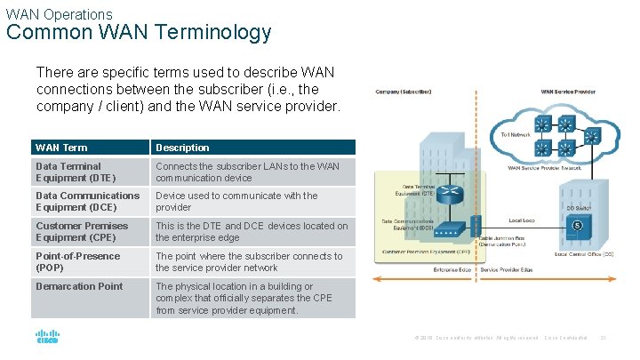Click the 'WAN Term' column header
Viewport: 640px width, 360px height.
pyautogui.click(x=61, y=148)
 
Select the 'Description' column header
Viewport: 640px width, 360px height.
pyautogui.click(x=182, y=148)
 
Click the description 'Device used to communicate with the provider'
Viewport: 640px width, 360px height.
pyautogui.click(x=236, y=202)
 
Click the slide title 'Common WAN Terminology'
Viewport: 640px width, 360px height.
pyautogui.click(x=139, y=33)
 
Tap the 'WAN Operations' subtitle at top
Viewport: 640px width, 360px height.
pyautogui.click(x=59, y=14)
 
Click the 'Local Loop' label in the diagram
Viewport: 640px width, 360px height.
pyautogui.click(x=521, y=219)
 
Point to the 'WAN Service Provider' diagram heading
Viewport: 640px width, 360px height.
pyautogui.click(x=569, y=92)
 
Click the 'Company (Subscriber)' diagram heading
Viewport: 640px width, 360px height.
pyautogui.click(x=404, y=92)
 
